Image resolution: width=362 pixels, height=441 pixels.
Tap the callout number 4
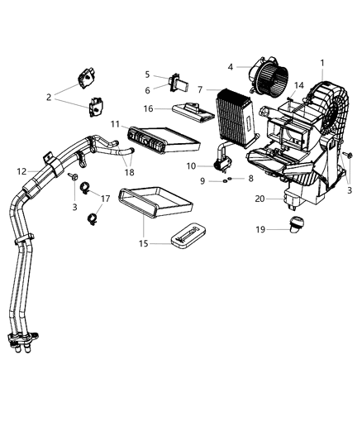pos(231,69)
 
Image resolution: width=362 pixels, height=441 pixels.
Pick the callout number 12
pos(22,171)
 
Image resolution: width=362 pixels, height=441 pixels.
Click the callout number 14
pos(300,85)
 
